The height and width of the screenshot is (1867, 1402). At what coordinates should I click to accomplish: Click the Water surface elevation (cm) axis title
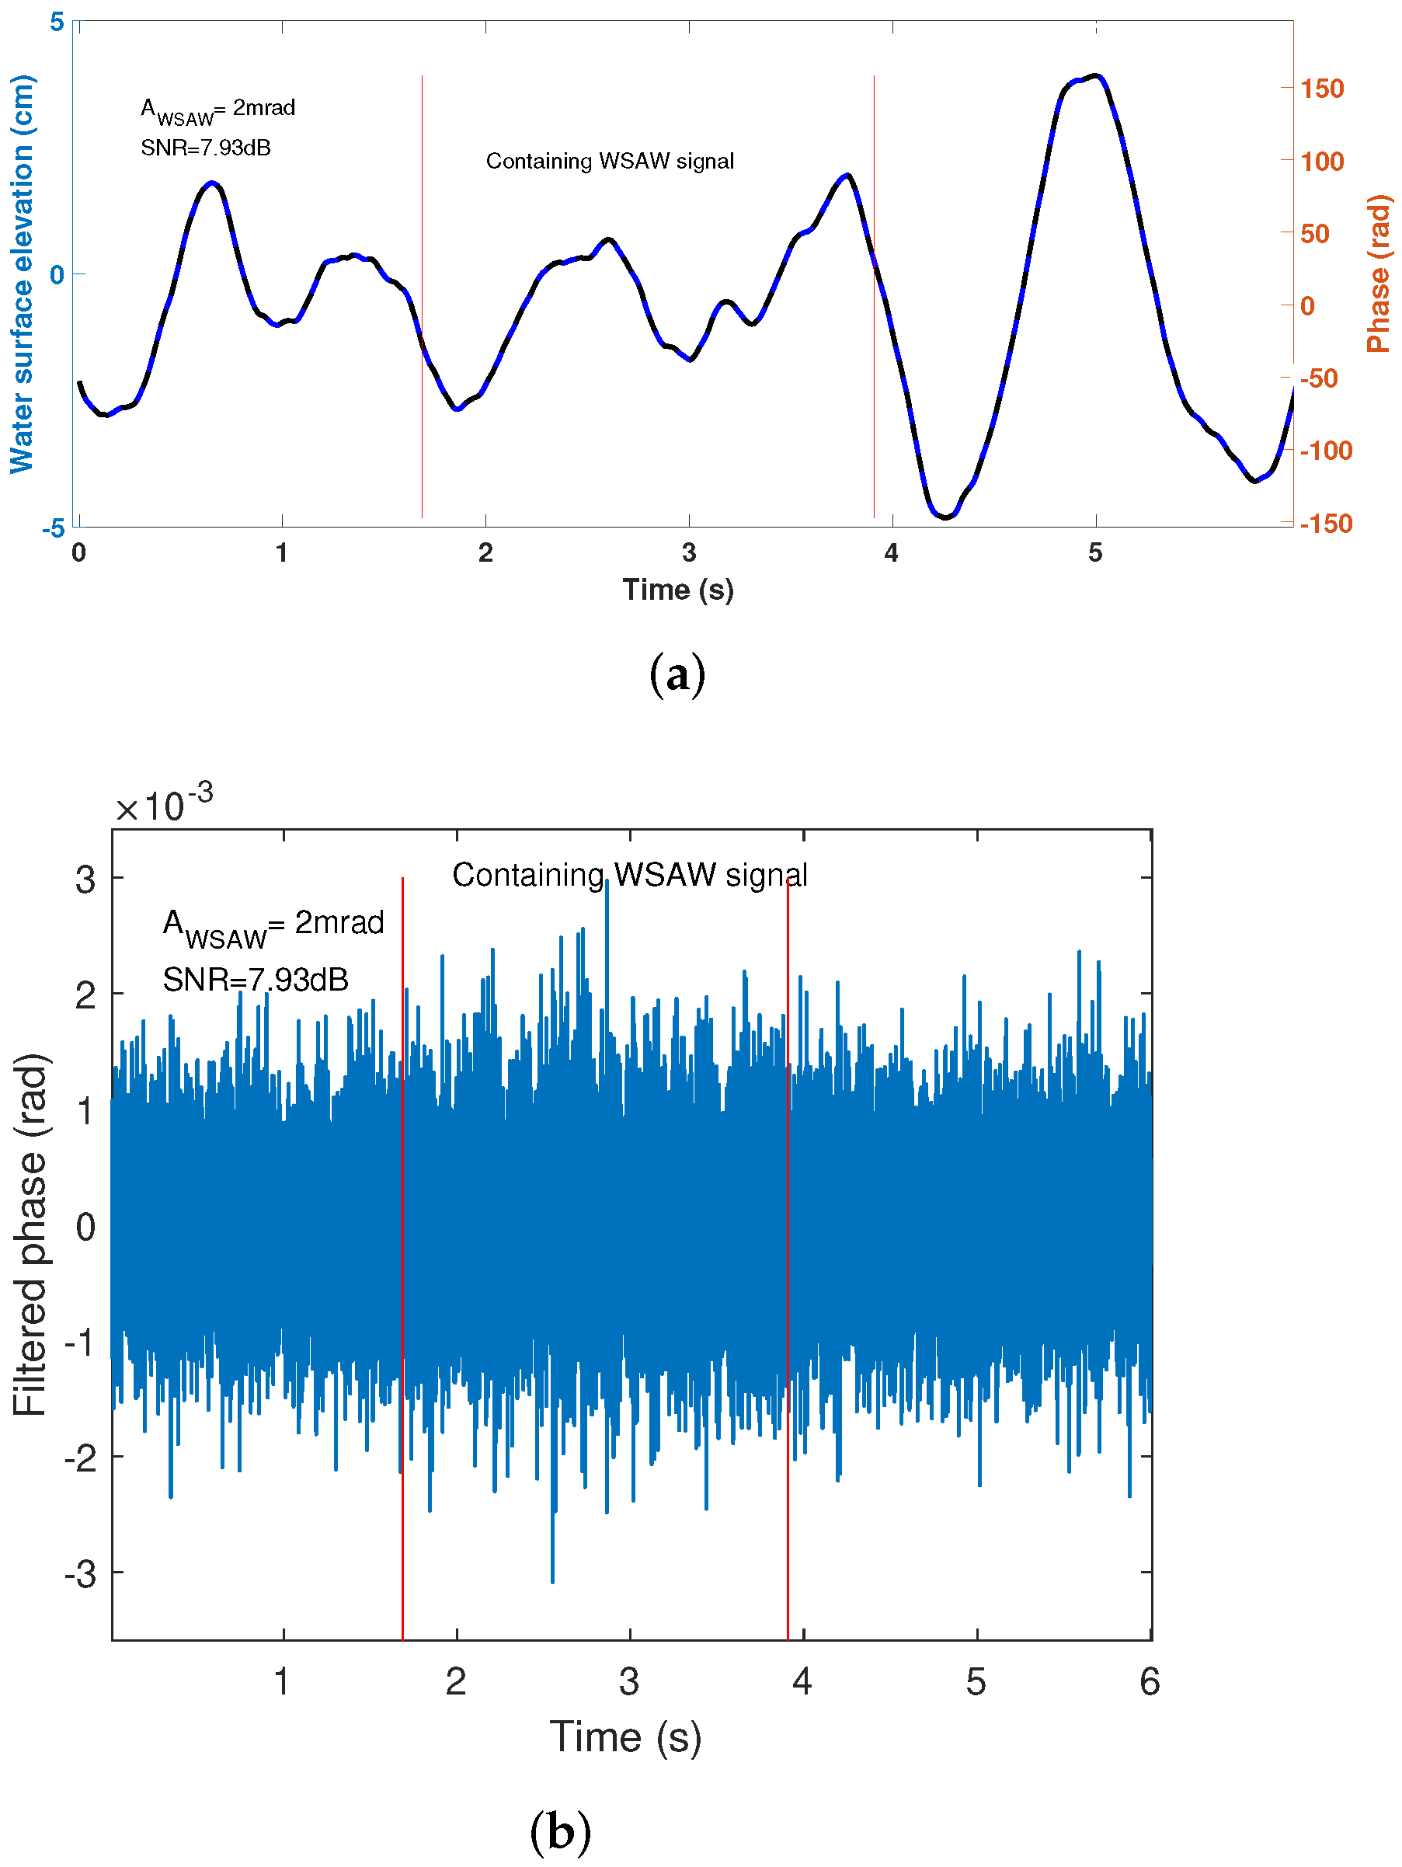23,274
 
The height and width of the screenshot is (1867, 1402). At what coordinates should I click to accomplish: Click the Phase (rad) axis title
1379,274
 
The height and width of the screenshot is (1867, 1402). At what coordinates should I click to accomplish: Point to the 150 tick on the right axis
1321,89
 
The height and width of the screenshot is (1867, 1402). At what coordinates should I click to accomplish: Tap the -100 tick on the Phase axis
1325,451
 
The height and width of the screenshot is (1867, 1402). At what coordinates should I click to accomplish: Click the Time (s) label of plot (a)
677,589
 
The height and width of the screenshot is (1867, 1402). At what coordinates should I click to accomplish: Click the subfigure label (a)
677,675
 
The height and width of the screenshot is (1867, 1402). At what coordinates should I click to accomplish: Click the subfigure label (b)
560,1831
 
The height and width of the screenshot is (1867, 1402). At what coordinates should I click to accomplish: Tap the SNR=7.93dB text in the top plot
205,148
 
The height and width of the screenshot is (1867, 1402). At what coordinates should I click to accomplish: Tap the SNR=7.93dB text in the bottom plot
255,980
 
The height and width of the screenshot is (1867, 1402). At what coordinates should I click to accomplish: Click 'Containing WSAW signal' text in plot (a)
609,161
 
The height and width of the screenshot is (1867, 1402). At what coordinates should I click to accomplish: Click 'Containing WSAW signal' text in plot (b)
629,876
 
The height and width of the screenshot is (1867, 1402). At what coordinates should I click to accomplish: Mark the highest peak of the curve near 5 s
1095,76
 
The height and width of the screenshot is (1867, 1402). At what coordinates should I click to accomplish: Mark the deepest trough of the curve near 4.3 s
945,517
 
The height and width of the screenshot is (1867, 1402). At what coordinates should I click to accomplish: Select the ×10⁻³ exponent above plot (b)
164,805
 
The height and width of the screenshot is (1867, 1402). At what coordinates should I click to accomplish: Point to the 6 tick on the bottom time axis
1149,1683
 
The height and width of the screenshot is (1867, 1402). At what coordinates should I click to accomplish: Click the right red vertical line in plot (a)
874,338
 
